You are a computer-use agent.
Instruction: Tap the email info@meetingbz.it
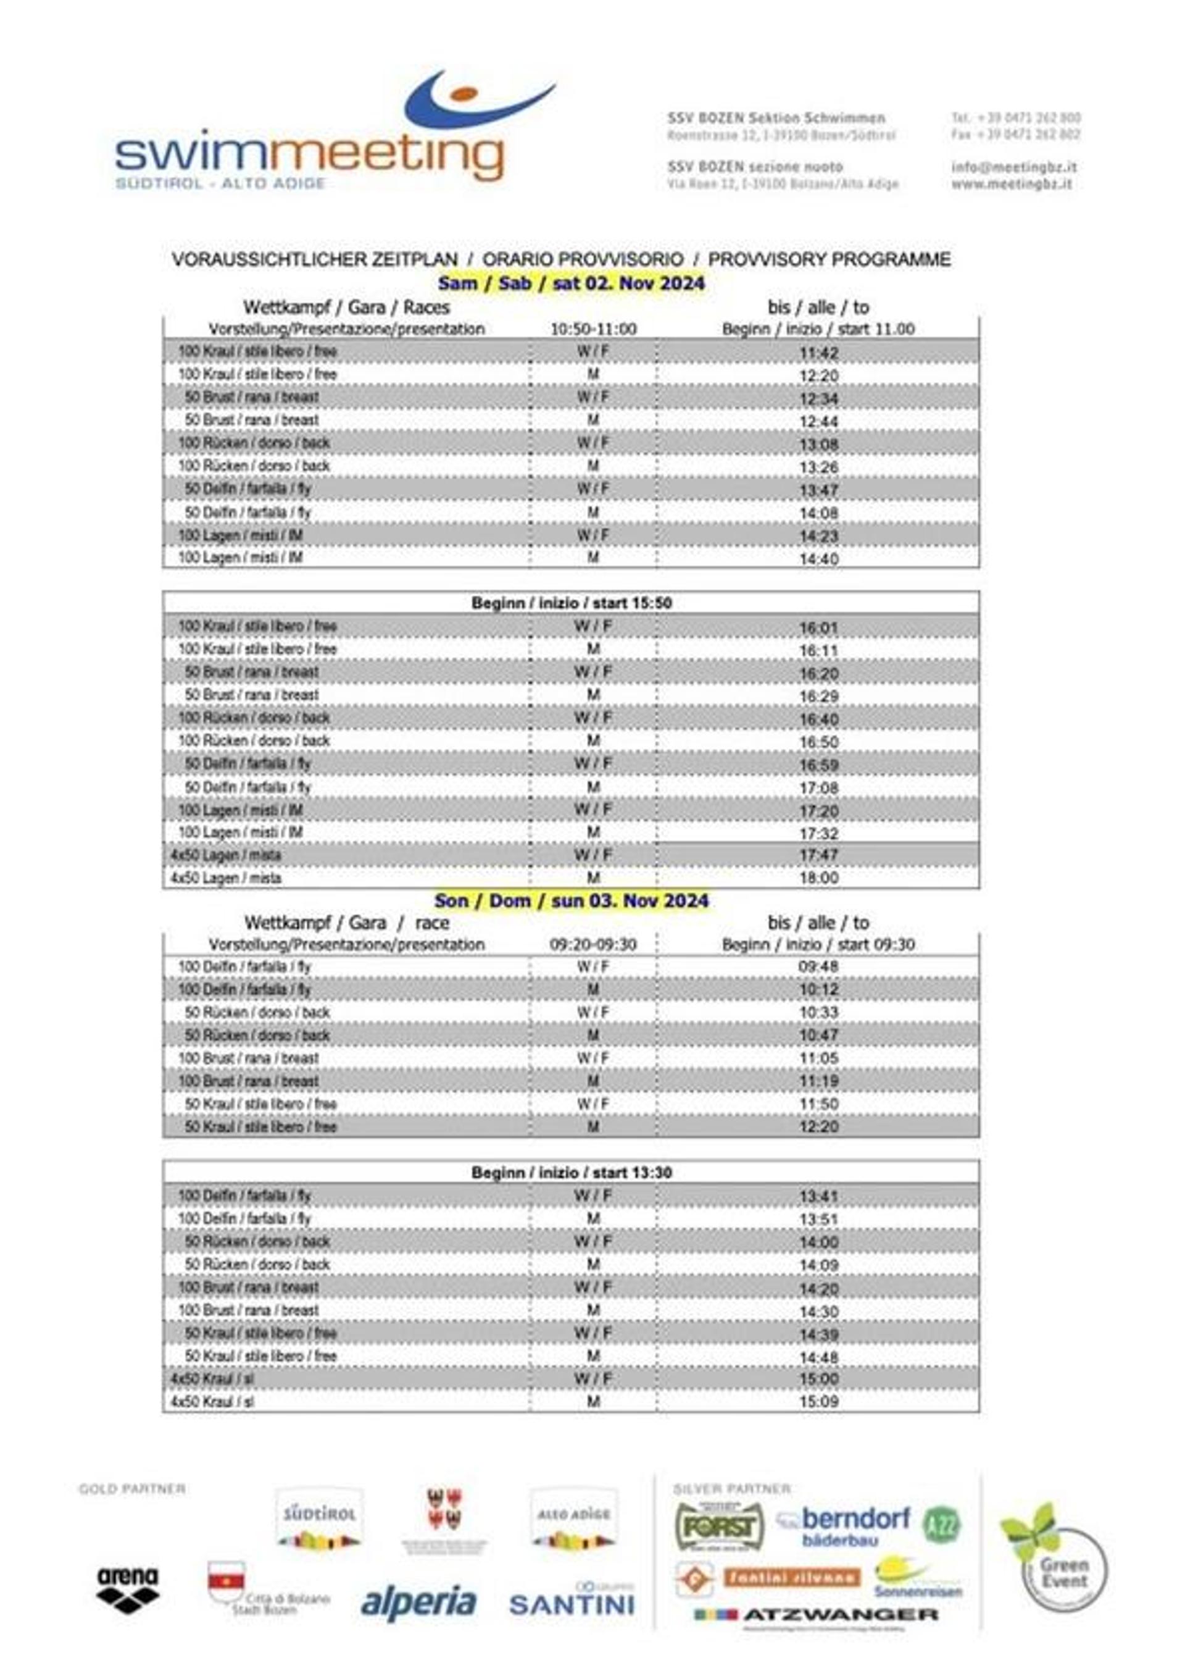[x=1013, y=167]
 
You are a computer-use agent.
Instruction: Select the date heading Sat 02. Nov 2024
[x=572, y=283]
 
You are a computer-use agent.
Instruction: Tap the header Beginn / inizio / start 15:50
[x=572, y=603]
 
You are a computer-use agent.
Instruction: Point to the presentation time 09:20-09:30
[x=592, y=945]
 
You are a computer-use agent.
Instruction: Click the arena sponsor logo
[x=127, y=1590]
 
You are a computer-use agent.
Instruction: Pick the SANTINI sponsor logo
[x=572, y=1603]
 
